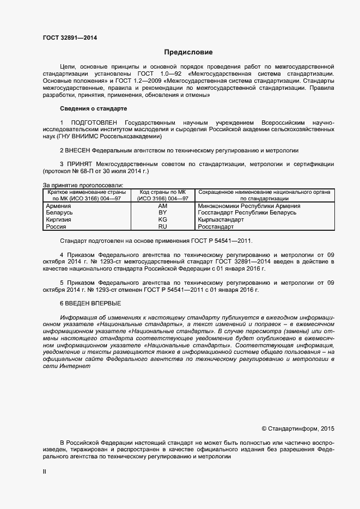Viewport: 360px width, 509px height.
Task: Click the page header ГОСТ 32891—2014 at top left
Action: point(70,38)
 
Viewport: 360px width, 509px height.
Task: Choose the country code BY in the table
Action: point(162,213)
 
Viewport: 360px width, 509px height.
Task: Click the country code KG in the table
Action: point(162,219)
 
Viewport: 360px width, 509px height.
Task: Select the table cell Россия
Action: point(56,226)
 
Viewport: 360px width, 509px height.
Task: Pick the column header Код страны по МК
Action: point(163,192)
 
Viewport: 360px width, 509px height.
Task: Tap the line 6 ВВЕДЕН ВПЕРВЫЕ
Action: point(90,303)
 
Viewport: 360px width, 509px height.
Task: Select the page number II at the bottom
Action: point(45,473)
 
